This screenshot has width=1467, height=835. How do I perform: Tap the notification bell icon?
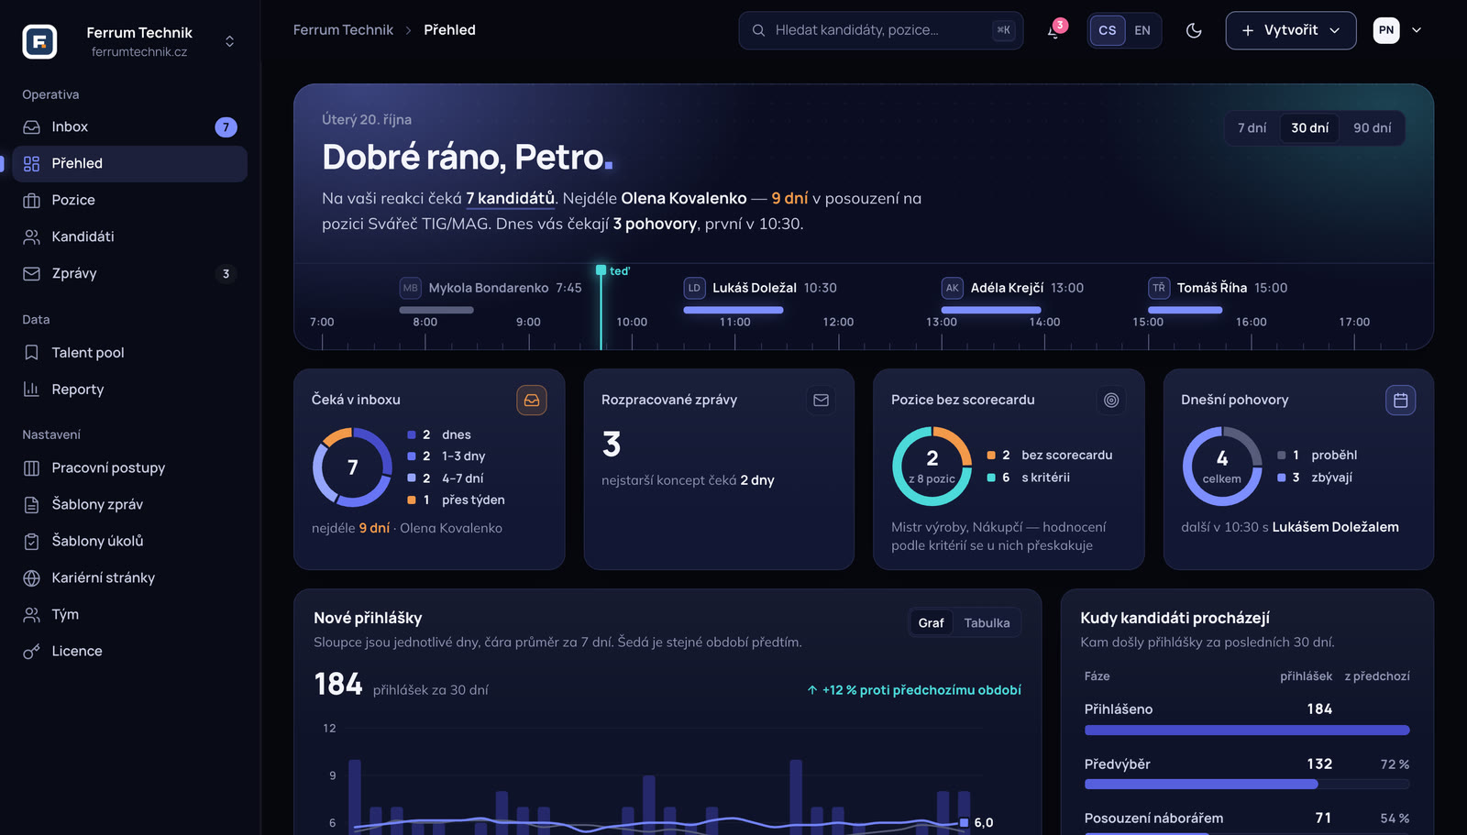point(1053,31)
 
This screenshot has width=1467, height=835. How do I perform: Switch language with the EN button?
point(1142,30)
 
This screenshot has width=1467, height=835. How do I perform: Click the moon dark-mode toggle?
point(1194,30)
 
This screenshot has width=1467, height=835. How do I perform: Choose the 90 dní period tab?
point(1372,127)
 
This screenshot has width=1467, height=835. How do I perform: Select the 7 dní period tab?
point(1252,127)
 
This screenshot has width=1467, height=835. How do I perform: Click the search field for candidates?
point(881,30)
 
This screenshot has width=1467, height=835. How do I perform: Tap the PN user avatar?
point(1385,30)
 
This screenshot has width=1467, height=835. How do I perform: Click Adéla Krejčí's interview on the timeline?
point(1012,288)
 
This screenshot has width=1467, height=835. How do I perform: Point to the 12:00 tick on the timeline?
point(838,341)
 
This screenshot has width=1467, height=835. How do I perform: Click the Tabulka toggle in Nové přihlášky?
point(987,622)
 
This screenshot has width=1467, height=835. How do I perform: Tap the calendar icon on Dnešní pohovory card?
point(1400,401)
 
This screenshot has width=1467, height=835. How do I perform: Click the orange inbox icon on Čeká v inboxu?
point(531,401)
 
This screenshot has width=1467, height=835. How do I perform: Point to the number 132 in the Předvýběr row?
point(1319,764)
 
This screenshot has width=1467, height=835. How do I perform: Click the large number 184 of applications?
point(338,685)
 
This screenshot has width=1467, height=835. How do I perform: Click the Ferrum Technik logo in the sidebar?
point(39,41)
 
